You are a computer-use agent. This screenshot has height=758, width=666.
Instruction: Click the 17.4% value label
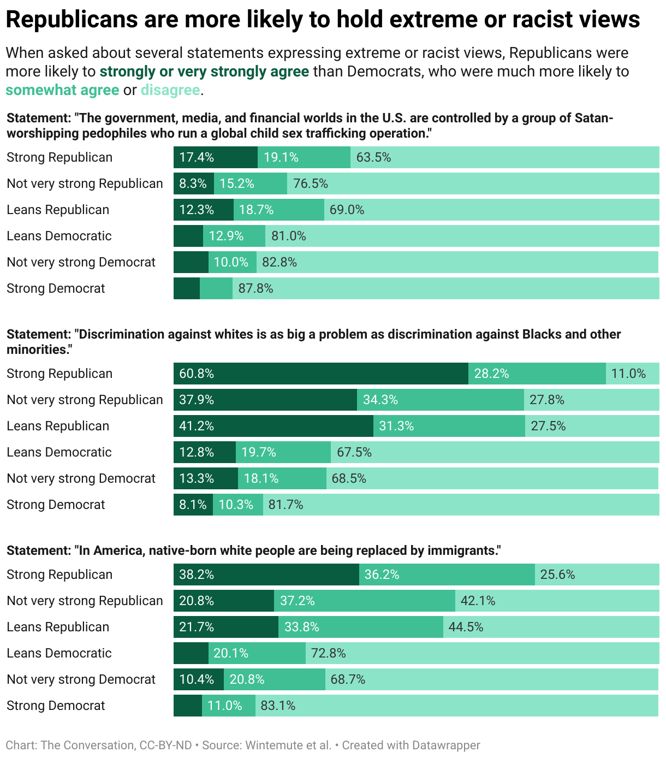tap(196, 157)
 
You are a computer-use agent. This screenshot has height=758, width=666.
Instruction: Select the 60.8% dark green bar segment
tap(320, 374)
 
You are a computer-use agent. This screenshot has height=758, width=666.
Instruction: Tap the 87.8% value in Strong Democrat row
tap(255, 288)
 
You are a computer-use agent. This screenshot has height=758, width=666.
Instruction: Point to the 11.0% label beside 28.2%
tap(628, 374)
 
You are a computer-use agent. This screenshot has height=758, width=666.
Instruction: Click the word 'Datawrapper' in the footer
tap(446, 745)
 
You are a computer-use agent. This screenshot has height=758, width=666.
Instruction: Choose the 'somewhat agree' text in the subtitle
tap(62, 90)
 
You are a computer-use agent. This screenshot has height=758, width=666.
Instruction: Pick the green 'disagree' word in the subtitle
tap(170, 90)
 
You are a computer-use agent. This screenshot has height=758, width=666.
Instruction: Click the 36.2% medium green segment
tap(447, 575)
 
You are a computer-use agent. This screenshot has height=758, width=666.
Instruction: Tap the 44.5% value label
tap(466, 627)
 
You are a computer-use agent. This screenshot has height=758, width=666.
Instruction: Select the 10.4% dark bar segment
tap(198, 679)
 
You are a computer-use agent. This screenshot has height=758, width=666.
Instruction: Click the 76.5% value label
tap(310, 183)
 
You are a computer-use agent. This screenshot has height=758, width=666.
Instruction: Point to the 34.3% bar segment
tap(440, 400)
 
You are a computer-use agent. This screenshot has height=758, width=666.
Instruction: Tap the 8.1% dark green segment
tap(193, 505)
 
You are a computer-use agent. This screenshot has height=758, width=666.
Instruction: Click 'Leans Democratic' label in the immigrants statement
tap(59, 653)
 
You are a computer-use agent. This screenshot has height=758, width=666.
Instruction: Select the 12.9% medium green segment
tap(234, 236)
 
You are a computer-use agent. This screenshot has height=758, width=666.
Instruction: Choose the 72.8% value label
tap(328, 653)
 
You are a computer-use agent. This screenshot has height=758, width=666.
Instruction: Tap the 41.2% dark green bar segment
tap(273, 426)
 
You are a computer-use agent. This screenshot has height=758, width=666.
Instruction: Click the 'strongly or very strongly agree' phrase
tap(204, 72)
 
